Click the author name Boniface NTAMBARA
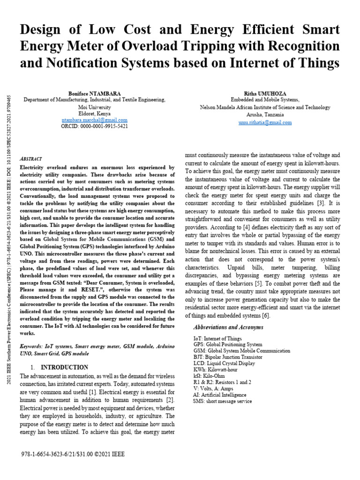(x=94, y=93)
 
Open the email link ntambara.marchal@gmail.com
(x=94, y=120)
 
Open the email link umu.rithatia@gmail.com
(x=265, y=122)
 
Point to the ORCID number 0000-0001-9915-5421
(x=94, y=127)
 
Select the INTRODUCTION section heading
(x=64, y=367)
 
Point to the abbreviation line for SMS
(x=222, y=401)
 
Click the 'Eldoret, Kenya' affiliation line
(x=94, y=113)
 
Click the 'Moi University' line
(x=94, y=107)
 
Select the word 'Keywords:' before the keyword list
(x=31, y=346)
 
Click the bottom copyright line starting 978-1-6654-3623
(x=73, y=454)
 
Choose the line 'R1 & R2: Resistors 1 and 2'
(x=222, y=382)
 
